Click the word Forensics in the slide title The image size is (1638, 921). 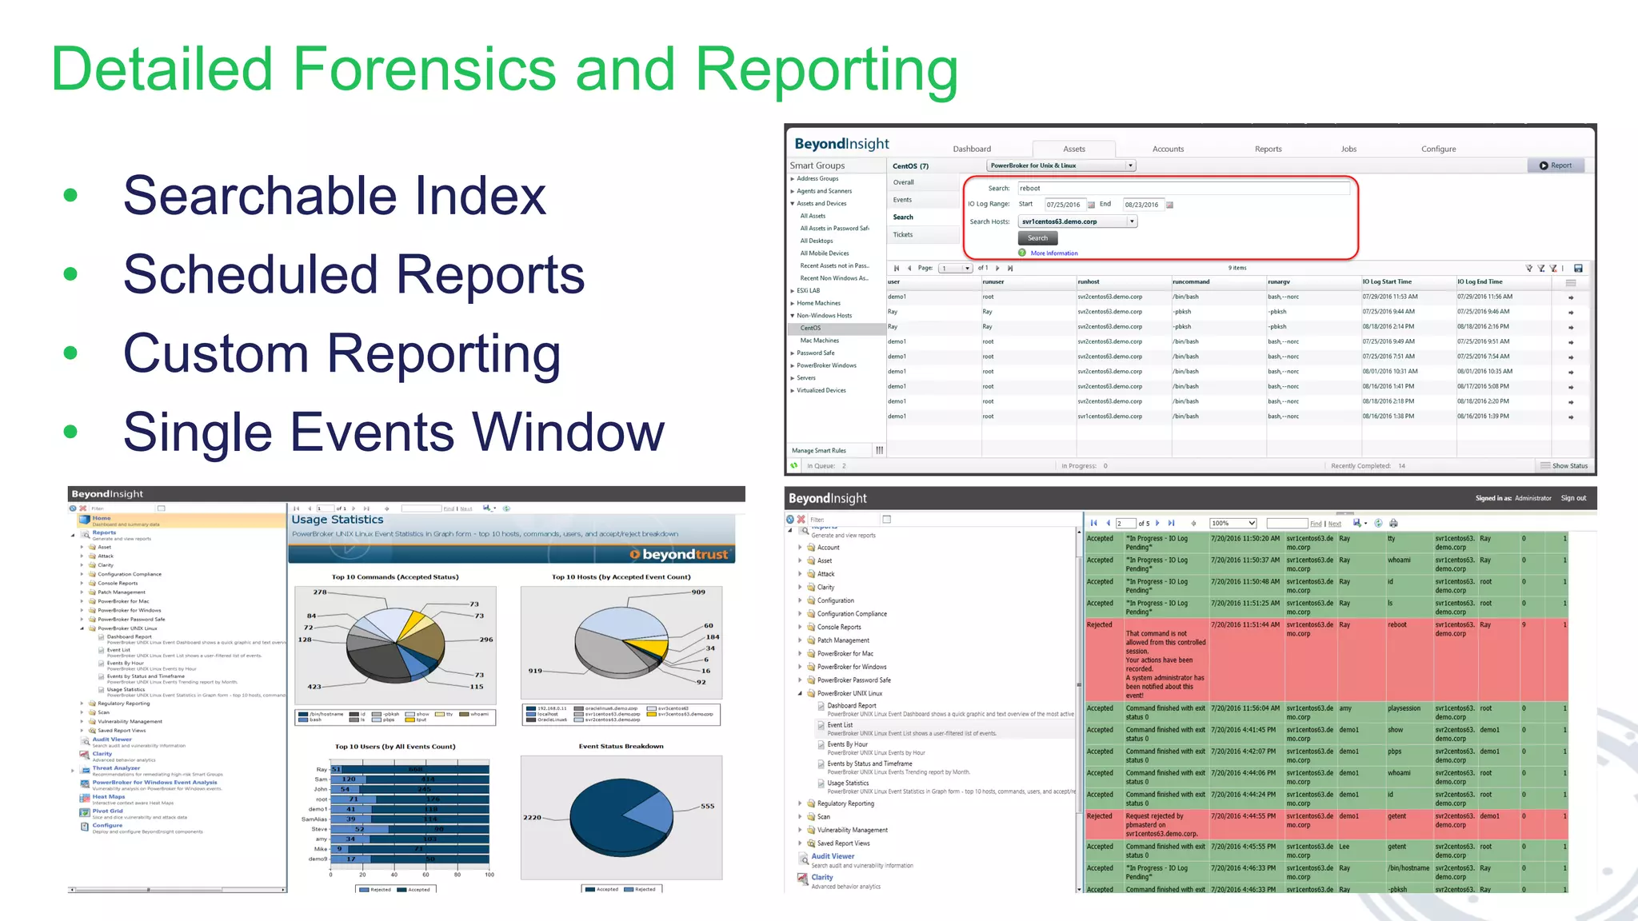(424, 69)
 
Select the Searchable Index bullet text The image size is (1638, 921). (334, 196)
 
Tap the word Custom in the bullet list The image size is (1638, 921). (215, 353)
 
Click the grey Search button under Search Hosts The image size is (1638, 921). (1037, 238)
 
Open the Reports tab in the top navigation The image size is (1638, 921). (1268, 149)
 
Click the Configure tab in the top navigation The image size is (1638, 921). (1438, 149)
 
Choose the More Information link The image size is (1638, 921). (1053, 253)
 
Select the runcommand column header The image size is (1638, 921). (1191, 281)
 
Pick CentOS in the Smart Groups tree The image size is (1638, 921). (810, 328)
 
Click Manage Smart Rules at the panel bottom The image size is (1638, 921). (818, 451)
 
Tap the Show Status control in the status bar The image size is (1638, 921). (1568, 466)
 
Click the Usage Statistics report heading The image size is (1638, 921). (338, 520)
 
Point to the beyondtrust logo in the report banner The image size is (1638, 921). (679, 555)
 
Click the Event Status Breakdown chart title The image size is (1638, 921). (621, 747)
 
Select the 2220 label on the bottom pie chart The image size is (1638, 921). (532, 818)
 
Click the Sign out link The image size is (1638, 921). (1573, 498)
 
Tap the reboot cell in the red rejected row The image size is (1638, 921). (1396, 625)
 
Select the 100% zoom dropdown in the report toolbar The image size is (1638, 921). (1232, 524)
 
